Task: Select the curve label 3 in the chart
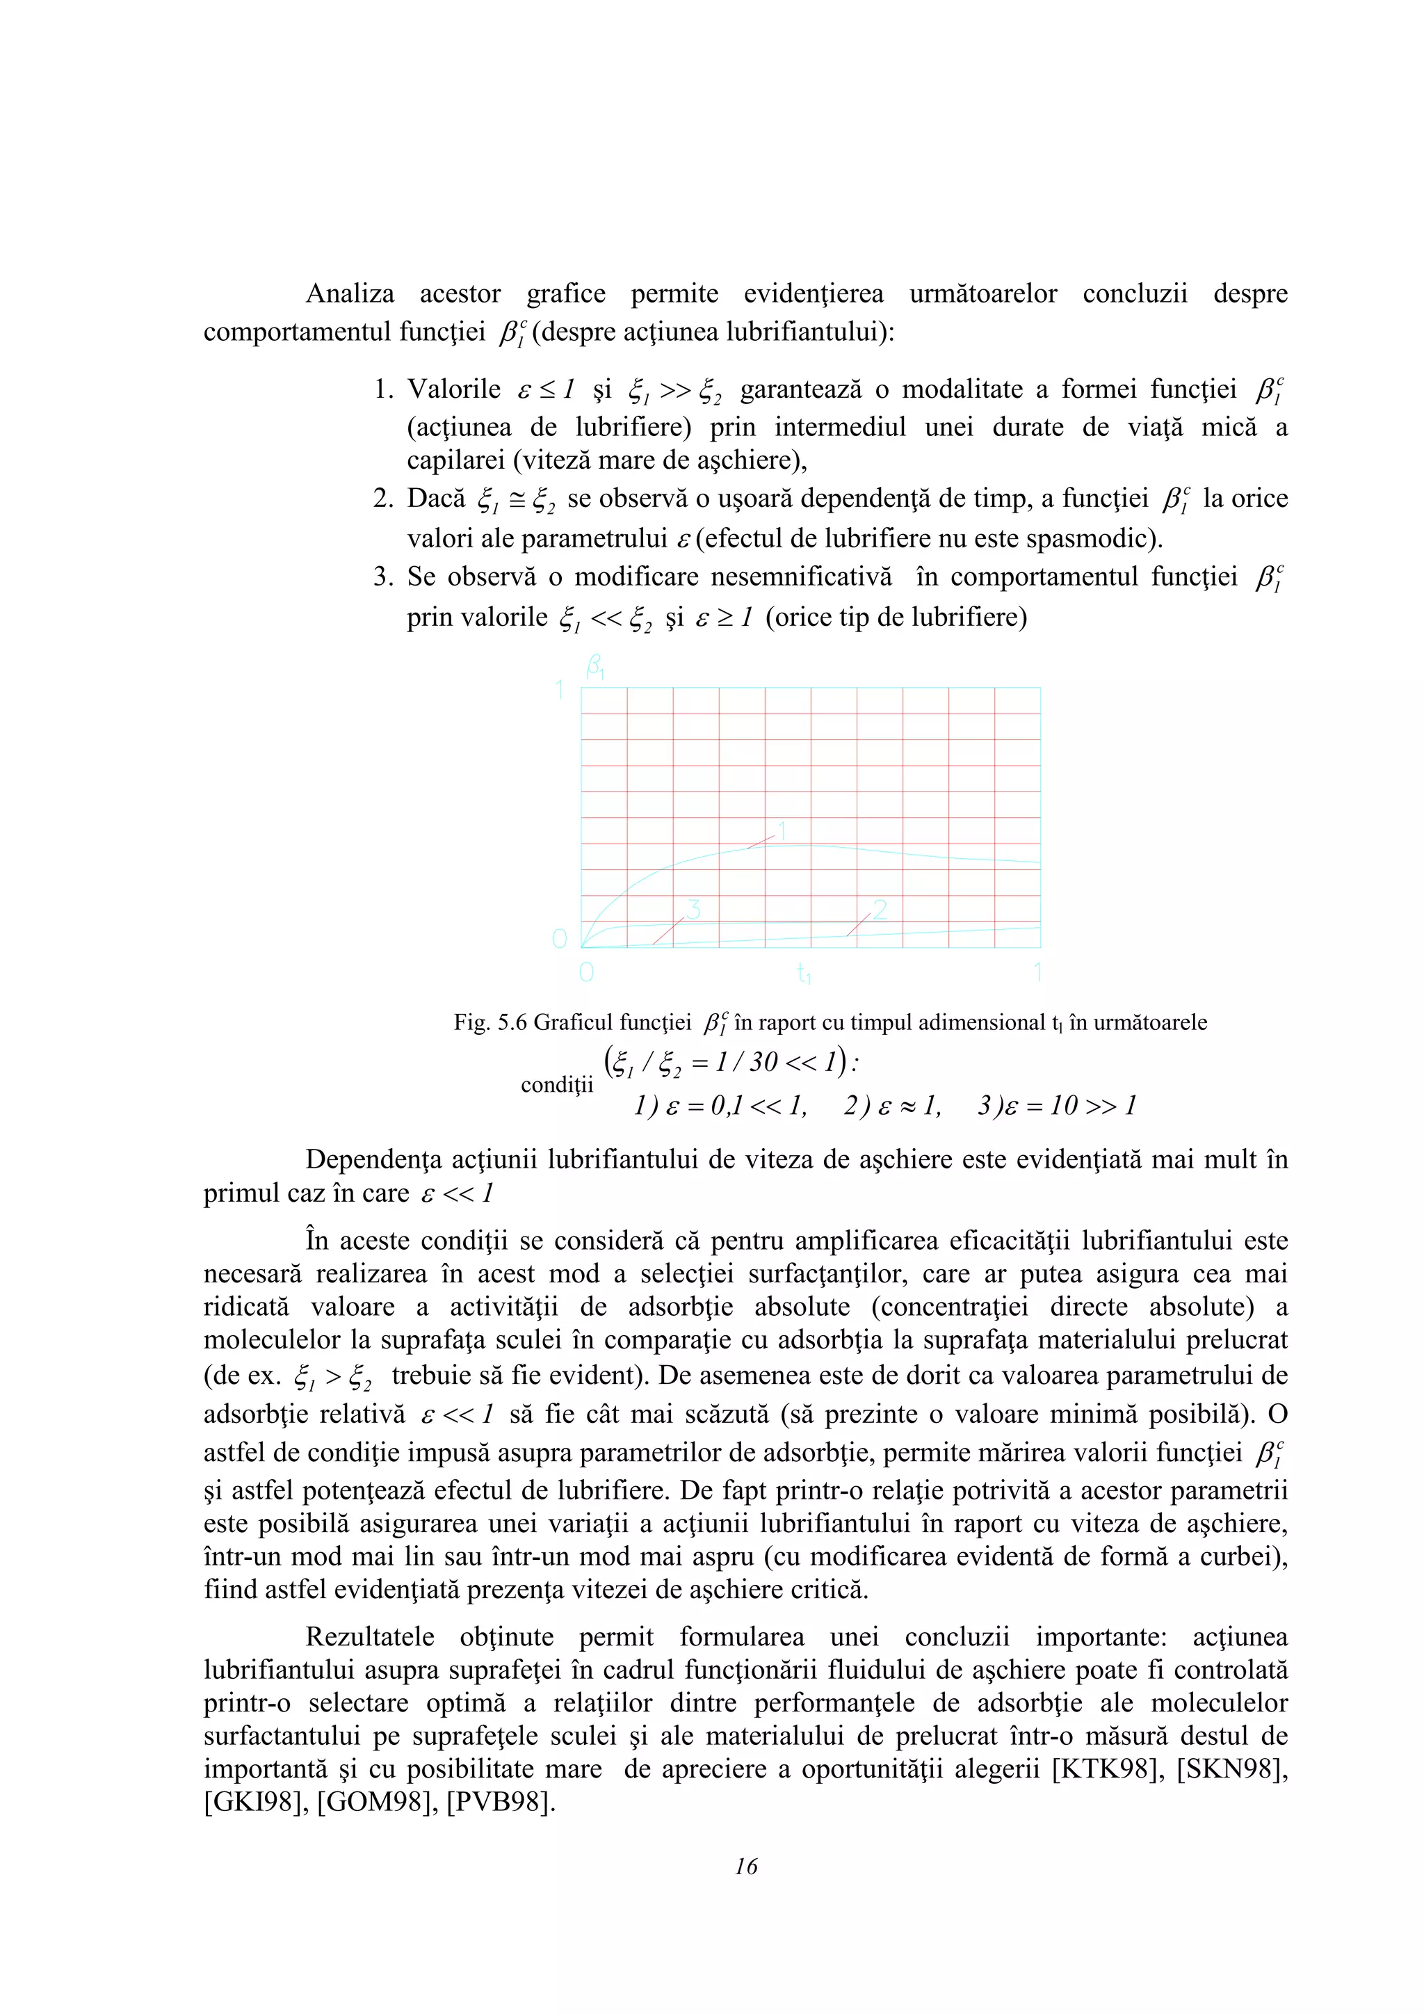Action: tap(693, 910)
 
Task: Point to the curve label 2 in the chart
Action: tap(880, 910)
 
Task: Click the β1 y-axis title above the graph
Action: tap(595, 669)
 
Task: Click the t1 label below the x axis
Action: tap(804, 973)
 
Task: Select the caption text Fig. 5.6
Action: tap(491, 1023)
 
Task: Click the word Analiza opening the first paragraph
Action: tap(350, 294)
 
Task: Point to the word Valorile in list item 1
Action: tap(454, 389)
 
